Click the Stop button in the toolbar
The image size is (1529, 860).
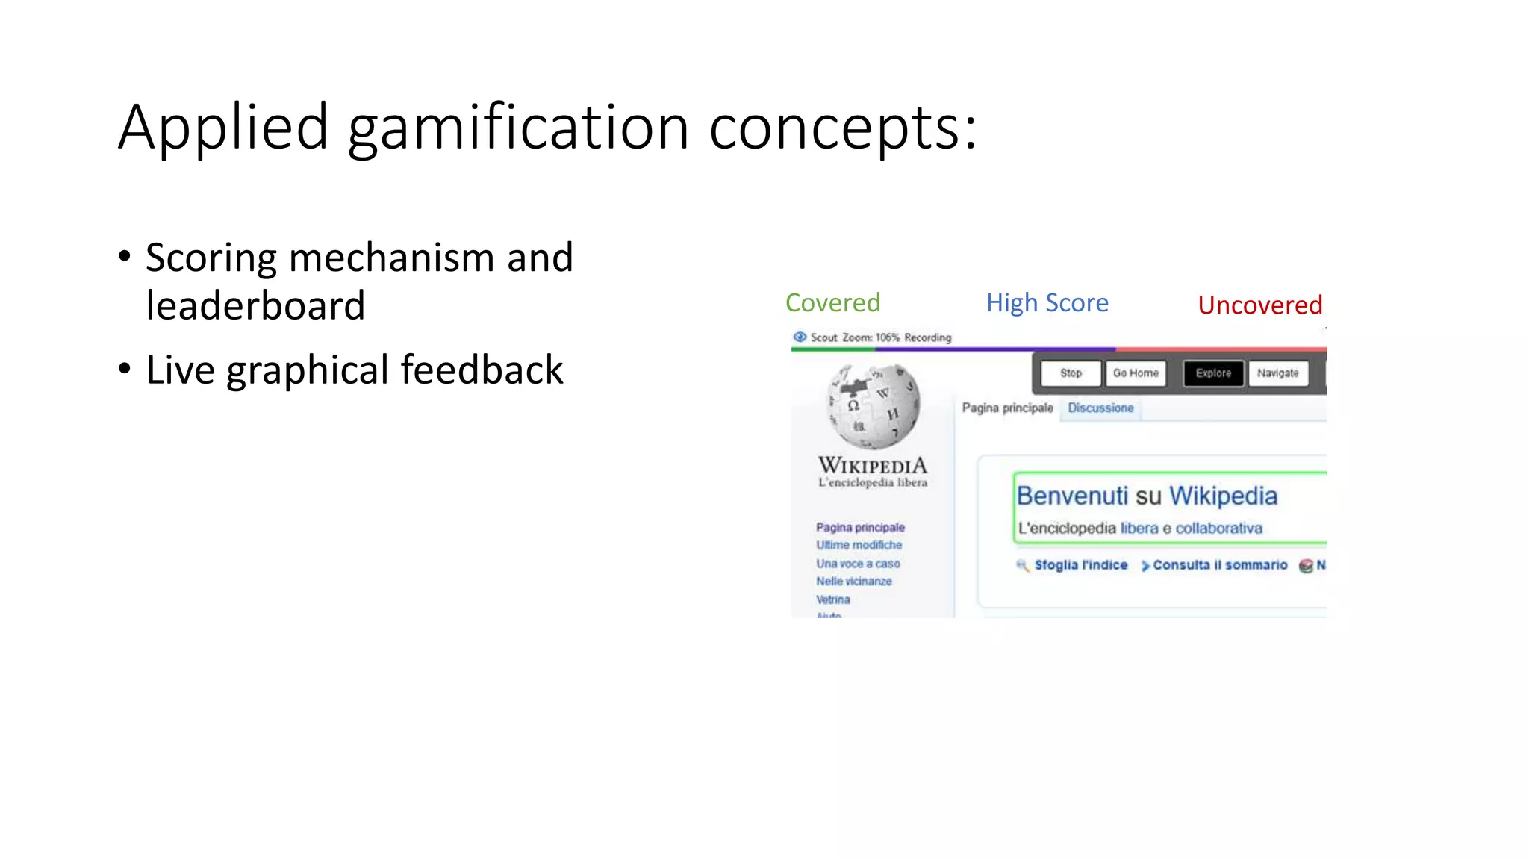1071,373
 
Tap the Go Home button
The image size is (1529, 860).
1136,373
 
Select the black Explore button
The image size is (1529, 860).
1213,373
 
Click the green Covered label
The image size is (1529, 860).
832,303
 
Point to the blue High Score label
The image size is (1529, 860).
1047,303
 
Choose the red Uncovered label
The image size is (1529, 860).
1259,305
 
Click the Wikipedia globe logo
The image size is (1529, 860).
873,405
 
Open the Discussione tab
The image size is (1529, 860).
1100,408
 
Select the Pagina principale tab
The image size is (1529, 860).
1007,408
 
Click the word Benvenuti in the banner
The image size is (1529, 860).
1072,496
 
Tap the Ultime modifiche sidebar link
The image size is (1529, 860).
859,546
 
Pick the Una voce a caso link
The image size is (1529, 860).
858,564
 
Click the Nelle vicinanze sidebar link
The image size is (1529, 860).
853,582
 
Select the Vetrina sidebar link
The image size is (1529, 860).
833,599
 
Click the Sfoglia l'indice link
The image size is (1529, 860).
1080,565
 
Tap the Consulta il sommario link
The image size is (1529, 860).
1219,565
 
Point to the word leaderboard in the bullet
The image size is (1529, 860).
255,305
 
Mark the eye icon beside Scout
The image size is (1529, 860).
800,337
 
